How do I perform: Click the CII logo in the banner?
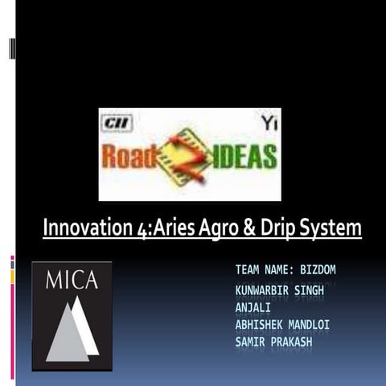coord(117,123)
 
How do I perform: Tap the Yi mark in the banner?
coord(268,121)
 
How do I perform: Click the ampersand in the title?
coord(248,228)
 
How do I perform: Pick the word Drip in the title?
coord(277,229)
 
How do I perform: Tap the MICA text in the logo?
coord(72,280)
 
